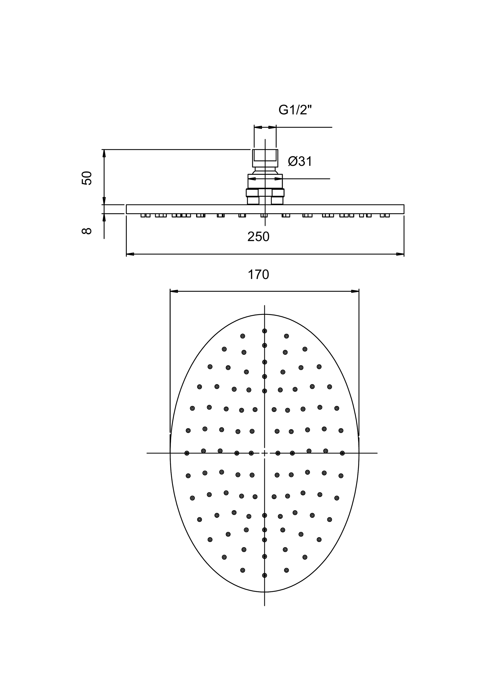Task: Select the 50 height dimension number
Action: pos(87,178)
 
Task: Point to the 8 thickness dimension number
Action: pos(87,231)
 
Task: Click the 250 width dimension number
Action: pos(258,237)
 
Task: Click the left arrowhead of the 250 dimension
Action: pos(130,254)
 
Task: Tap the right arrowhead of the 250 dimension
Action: pos(400,254)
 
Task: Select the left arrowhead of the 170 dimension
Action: pos(174,291)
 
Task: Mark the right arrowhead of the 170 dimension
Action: pos(355,291)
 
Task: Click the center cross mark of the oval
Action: pos(265,453)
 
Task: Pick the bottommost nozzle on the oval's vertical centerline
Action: pos(265,575)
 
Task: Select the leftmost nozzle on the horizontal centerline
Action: pos(187,453)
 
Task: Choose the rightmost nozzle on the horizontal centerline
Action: pos(342,453)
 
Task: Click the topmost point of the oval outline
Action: pos(265,314)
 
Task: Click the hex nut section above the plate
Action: pos(265,196)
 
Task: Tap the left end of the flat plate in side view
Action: pos(126,209)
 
